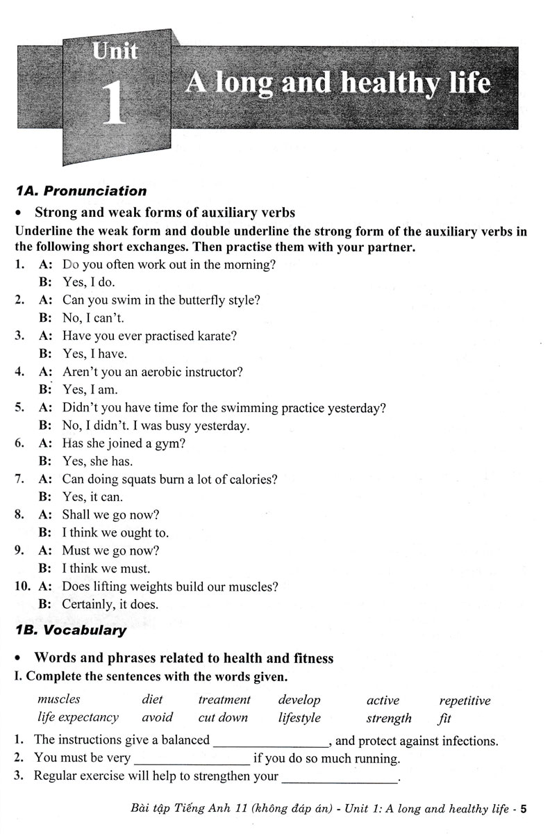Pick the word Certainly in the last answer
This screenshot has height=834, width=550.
click(x=88, y=604)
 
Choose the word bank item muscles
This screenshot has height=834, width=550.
click(x=59, y=700)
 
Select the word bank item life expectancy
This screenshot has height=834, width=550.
click(x=78, y=717)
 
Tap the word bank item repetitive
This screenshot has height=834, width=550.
click(x=465, y=701)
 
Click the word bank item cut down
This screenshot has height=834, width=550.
click(x=223, y=717)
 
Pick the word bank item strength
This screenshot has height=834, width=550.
click(x=389, y=718)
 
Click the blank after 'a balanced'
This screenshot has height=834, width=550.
click(x=270, y=742)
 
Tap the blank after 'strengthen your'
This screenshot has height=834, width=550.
click(x=340, y=777)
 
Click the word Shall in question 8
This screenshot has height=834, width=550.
click(x=76, y=515)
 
